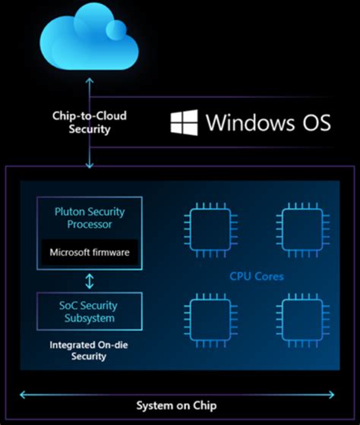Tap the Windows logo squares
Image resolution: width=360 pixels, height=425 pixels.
coord(184,122)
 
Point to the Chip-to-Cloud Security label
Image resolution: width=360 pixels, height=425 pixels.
coord(90,123)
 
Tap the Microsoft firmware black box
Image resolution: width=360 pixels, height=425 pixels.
coord(89,252)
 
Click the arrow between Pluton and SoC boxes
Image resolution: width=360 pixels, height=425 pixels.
coord(90,282)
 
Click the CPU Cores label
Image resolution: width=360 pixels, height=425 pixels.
coord(257,276)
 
